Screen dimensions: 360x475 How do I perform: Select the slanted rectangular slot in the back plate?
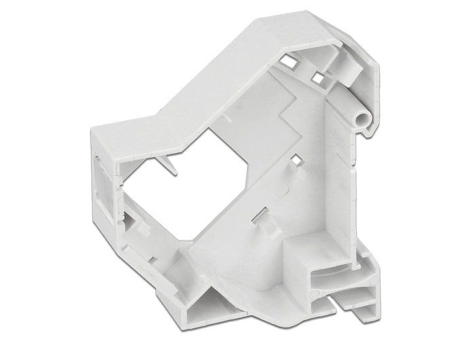tap(259, 217)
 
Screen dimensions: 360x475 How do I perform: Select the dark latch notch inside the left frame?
tap(130, 221)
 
